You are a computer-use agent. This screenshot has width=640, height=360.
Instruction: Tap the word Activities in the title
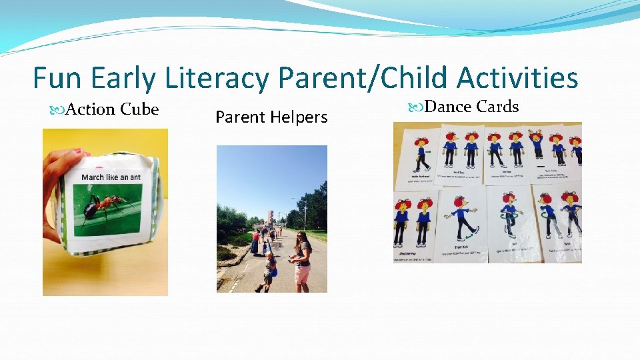pyautogui.click(x=517, y=79)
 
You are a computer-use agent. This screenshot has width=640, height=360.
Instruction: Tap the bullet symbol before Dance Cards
pyautogui.click(x=415, y=107)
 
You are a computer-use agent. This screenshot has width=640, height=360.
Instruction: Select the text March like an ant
pyautogui.click(x=111, y=177)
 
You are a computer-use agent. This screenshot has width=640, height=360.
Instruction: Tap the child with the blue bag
pyautogui.click(x=269, y=269)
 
